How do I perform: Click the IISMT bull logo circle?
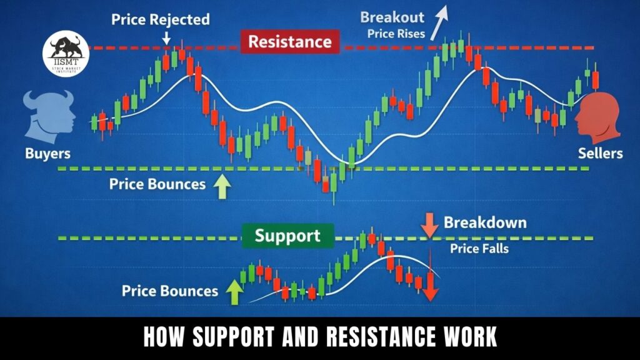click(66, 54)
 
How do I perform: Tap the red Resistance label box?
click(289, 42)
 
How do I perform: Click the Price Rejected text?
click(161, 19)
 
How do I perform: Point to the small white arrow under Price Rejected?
click(167, 38)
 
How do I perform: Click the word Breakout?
click(392, 17)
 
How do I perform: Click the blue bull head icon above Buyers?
click(48, 116)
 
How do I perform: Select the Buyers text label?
click(48, 153)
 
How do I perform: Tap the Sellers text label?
click(599, 153)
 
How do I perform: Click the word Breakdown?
click(485, 222)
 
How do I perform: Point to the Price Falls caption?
click(479, 248)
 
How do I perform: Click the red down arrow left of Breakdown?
click(429, 226)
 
